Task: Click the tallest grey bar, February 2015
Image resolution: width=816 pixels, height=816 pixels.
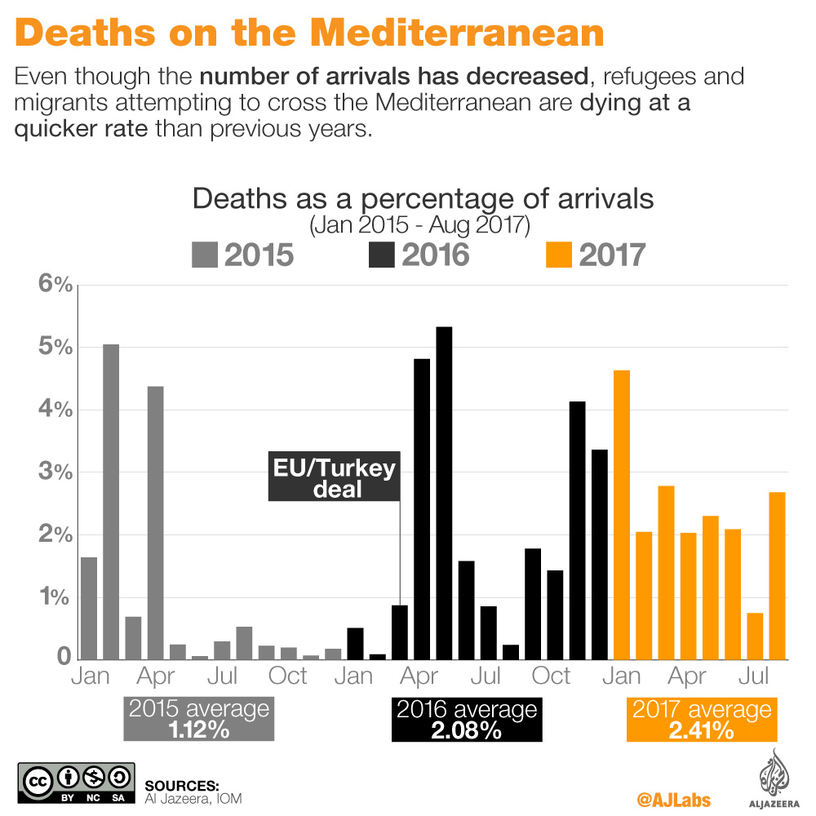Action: point(111,502)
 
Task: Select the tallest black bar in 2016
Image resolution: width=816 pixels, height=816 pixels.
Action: point(445,493)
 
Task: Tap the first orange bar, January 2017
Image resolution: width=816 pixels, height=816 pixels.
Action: point(622,514)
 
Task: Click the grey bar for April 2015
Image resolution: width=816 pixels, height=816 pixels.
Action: point(155,522)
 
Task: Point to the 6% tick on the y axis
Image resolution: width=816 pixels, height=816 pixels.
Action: point(56,285)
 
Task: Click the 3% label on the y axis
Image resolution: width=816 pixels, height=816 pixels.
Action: point(56,473)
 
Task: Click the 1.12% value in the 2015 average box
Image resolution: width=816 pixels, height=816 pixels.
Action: point(198,730)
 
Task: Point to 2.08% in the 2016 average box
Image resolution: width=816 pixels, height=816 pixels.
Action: point(467,730)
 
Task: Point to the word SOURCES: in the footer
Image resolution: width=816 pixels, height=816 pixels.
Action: point(182,785)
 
